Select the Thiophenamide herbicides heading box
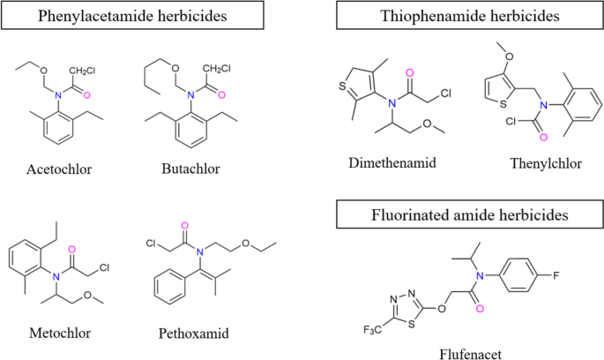[457, 16]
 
